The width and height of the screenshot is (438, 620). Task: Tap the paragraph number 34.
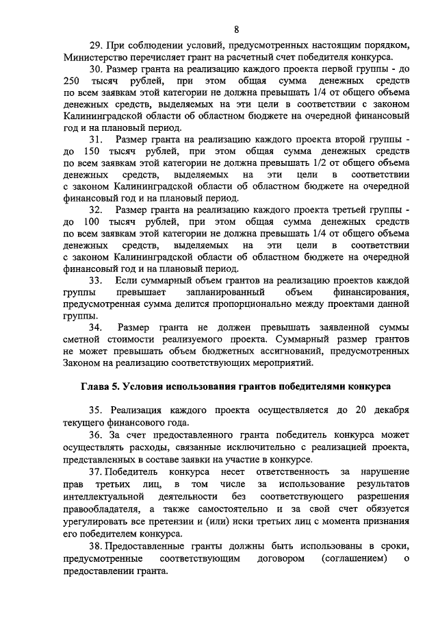96,327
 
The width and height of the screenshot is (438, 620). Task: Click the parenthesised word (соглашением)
353,560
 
